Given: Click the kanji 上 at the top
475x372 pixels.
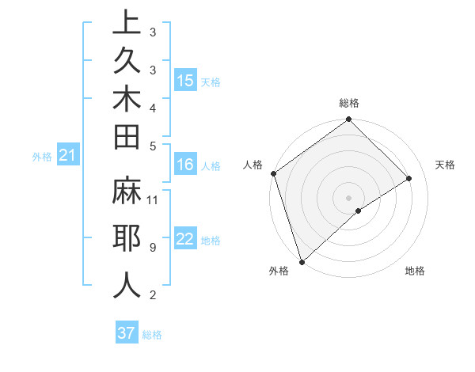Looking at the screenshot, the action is pyautogui.click(x=127, y=23).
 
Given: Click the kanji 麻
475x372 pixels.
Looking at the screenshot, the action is pyautogui.click(x=127, y=194).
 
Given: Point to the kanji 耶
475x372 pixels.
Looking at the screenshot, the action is pyautogui.click(x=127, y=238).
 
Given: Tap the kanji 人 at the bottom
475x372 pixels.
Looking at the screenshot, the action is pyautogui.click(x=127, y=284).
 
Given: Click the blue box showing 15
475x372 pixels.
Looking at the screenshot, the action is pyautogui.click(x=185, y=81).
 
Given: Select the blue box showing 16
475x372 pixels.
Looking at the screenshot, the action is pyautogui.click(x=185, y=165).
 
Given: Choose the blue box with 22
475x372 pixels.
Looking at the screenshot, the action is pyautogui.click(x=185, y=240).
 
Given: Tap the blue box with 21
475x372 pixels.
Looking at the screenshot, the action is pyautogui.click(x=68, y=156).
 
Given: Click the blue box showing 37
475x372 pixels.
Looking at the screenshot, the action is pyautogui.click(x=126, y=333).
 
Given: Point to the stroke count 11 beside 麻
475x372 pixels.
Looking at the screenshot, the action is pyautogui.click(x=153, y=199).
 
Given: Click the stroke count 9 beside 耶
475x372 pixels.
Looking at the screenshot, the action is pyautogui.click(x=152, y=248).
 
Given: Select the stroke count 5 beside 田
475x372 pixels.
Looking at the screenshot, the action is pyautogui.click(x=152, y=146).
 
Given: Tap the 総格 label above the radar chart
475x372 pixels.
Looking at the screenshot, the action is pyautogui.click(x=349, y=103).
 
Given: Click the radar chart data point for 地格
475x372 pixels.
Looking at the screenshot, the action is pyautogui.click(x=359, y=211).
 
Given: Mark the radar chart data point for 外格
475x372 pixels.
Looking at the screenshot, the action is pyautogui.click(x=302, y=261).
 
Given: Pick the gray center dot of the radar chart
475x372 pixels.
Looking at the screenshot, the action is pyautogui.click(x=349, y=197).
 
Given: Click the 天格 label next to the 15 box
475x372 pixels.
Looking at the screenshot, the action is pyautogui.click(x=211, y=82).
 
